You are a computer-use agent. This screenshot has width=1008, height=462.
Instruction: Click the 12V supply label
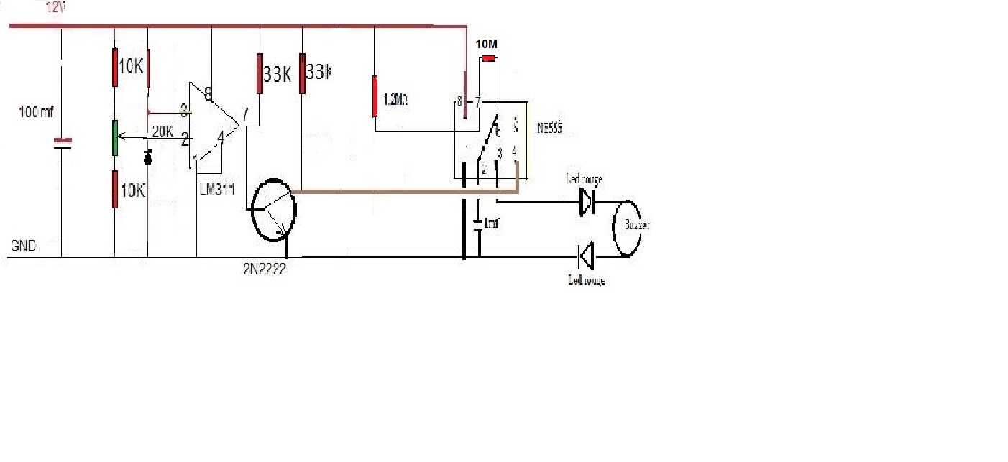click(54, 8)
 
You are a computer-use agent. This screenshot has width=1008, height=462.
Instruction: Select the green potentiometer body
click(115, 137)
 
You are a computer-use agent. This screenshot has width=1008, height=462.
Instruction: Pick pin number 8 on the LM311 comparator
click(208, 93)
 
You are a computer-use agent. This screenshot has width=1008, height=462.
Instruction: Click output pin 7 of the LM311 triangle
click(245, 114)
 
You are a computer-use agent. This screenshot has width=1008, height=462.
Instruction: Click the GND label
click(23, 246)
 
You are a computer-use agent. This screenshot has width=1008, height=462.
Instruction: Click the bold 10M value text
click(487, 44)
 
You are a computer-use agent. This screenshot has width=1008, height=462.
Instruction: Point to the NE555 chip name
click(550, 130)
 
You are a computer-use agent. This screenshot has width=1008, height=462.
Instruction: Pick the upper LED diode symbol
click(587, 202)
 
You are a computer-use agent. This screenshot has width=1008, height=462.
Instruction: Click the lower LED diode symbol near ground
click(587, 256)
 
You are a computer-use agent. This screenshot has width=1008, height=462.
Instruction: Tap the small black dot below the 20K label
click(149, 158)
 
